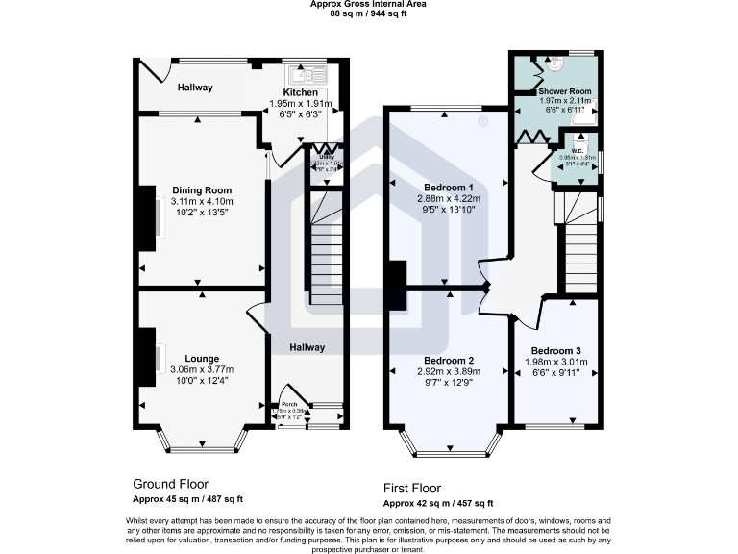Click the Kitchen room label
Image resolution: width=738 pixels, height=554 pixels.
point(300,91)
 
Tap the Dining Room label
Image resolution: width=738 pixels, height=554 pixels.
point(202,190)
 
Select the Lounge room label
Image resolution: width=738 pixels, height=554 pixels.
point(202,359)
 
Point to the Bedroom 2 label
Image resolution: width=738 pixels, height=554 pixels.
point(447,361)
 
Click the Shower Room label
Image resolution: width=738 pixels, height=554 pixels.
point(564,90)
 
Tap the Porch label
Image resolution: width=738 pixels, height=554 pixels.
point(287,404)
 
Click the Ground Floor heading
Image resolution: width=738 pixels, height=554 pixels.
point(170,484)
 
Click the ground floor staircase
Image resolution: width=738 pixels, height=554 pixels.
point(326,250)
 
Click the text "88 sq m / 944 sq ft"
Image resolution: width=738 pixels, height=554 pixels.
point(369,14)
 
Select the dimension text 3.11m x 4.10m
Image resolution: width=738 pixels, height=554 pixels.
point(202,201)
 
